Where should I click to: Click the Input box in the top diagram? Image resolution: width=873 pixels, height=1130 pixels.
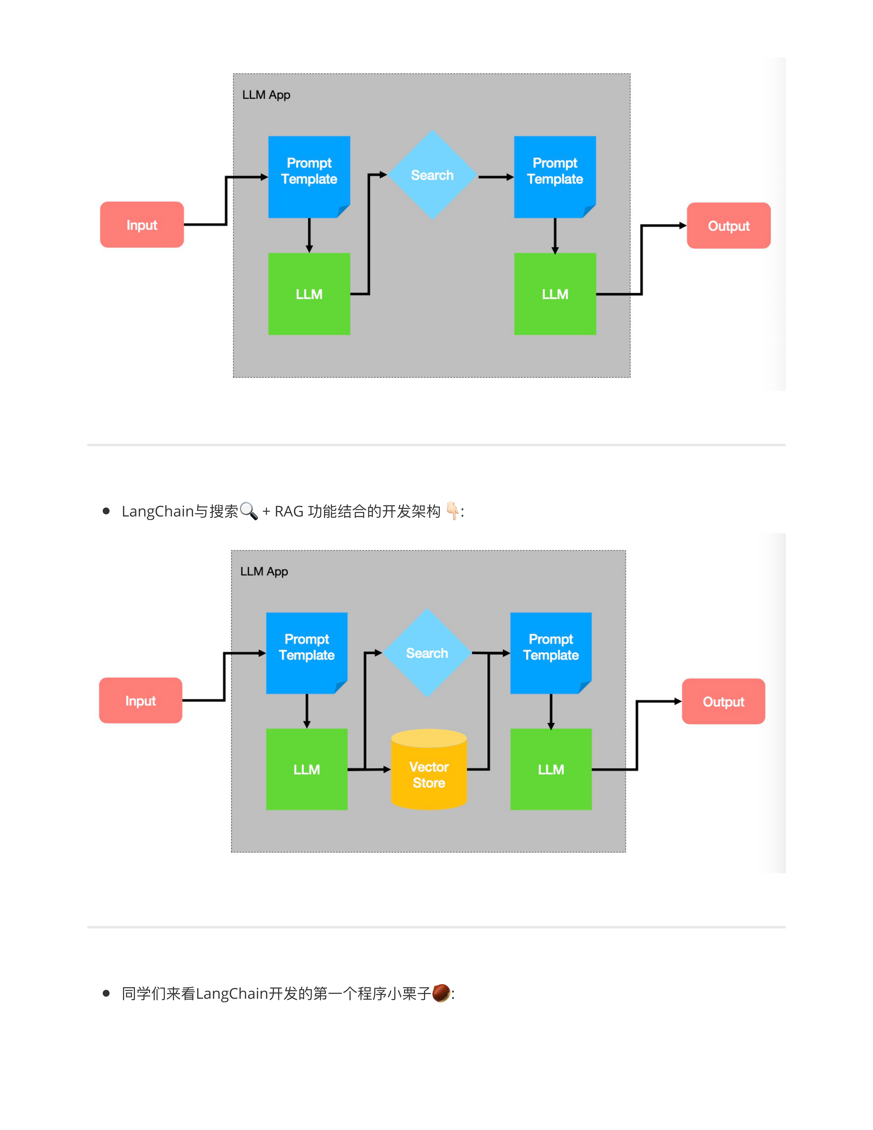tap(142, 225)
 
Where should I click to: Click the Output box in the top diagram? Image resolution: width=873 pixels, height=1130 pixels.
tap(728, 226)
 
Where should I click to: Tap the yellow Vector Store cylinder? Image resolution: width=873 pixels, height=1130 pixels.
tap(429, 771)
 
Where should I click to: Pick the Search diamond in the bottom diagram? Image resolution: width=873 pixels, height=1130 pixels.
tap(427, 653)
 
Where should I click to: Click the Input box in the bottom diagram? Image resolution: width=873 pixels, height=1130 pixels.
tap(140, 701)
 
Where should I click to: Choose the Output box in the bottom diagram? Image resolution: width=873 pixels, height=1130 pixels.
tap(723, 702)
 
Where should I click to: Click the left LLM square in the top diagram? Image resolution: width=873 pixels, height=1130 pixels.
tap(309, 294)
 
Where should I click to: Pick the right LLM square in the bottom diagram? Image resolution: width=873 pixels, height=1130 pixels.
tap(551, 769)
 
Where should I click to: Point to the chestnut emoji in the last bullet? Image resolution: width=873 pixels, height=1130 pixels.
tap(441, 993)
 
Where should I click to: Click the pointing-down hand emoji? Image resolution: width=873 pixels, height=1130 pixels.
tap(452, 511)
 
